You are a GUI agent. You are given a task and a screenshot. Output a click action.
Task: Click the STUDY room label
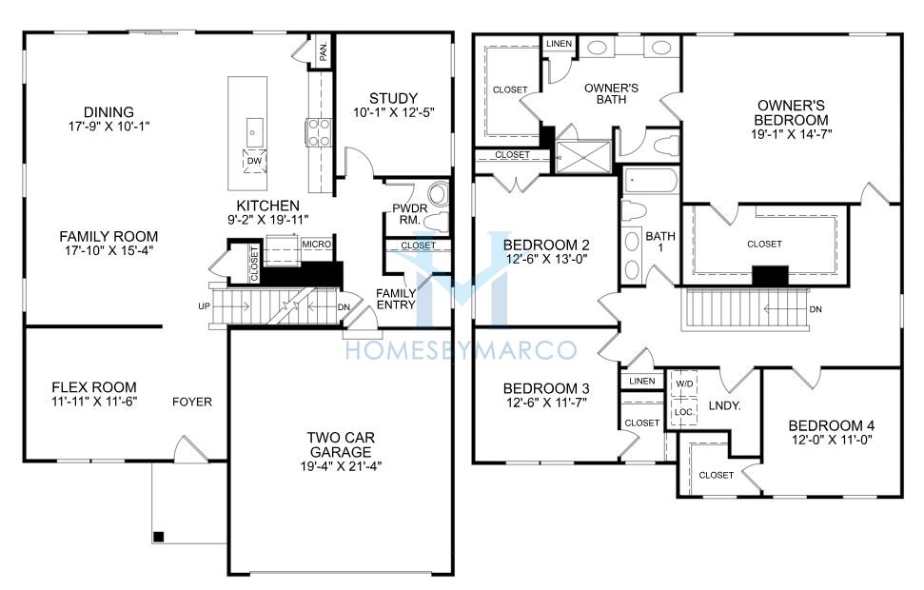(393, 98)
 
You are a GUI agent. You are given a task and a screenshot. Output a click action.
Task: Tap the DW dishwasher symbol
(254, 161)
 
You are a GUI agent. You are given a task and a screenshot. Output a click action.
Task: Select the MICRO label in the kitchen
(317, 244)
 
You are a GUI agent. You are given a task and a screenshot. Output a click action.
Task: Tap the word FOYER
(192, 402)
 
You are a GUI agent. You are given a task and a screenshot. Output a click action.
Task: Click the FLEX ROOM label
(94, 387)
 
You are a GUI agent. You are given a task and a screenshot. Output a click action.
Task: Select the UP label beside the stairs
(204, 306)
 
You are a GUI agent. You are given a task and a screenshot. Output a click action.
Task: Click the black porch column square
(158, 537)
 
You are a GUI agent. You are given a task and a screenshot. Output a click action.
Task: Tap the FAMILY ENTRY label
(396, 299)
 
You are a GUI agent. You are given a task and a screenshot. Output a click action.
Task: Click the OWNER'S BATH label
(611, 93)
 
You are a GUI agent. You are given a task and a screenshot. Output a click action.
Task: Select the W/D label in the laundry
(684, 383)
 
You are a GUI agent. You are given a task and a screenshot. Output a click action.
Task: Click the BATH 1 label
(660, 242)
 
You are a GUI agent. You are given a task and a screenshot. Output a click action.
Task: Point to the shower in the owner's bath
(583, 156)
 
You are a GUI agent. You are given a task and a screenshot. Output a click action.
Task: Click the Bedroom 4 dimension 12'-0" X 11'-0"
(831, 440)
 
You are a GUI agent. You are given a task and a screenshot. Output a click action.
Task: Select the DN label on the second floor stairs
(816, 309)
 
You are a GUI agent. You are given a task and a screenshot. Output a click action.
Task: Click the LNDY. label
(724, 406)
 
